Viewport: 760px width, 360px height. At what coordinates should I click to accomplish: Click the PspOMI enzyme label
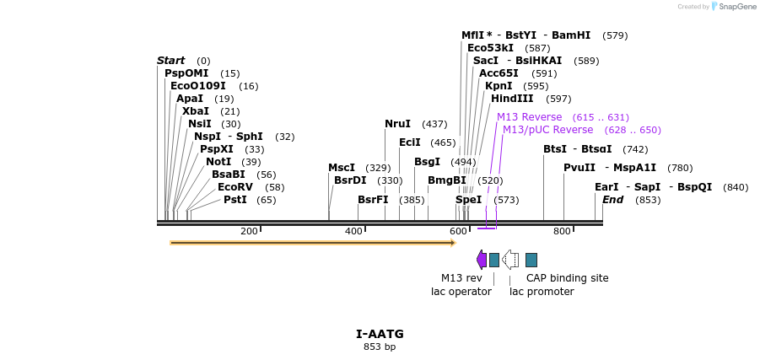[x=186, y=73]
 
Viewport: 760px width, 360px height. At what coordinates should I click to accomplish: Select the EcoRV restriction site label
[x=234, y=187]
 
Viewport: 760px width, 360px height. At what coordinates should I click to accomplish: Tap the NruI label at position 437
[x=397, y=124]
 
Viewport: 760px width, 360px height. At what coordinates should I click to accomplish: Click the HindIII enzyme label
[x=512, y=99]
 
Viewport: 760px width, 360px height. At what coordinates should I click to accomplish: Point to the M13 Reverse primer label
[x=529, y=117]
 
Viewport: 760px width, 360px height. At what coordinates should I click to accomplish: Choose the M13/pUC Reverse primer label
[x=547, y=130]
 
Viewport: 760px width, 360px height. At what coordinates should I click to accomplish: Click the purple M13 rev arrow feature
[x=481, y=260]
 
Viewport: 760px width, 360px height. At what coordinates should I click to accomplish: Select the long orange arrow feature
[x=312, y=243]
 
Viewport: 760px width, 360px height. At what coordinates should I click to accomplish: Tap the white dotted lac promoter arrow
[x=510, y=260]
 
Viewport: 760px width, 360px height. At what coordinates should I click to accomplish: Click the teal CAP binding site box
[x=531, y=260]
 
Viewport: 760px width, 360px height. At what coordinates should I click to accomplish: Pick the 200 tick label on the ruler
[x=249, y=232]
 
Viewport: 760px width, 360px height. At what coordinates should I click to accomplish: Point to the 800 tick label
[x=562, y=232]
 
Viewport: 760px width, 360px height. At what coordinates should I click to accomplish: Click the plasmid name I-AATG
[x=380, y=334]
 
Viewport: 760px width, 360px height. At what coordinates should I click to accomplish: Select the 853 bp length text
[x=380, y=347]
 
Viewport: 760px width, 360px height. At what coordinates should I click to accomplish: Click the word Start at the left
[x=170, y=61]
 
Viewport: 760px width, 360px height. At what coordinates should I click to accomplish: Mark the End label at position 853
[x=612, y=200]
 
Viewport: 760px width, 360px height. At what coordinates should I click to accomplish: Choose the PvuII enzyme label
[x=579, y=168]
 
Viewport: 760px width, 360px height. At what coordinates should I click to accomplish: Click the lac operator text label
[x=461, y=292]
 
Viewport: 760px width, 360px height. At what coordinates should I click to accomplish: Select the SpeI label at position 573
[x=468, y=200]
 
